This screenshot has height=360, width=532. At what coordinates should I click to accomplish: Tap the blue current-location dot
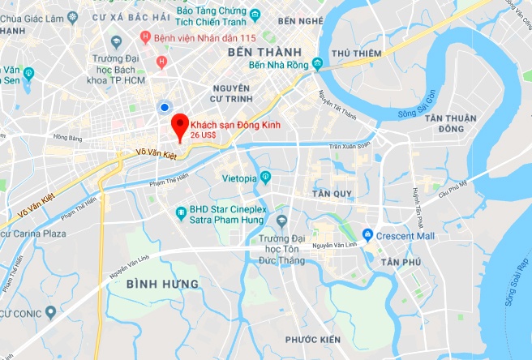click(165, 106)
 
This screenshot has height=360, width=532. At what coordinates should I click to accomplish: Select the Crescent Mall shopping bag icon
click(367, 236)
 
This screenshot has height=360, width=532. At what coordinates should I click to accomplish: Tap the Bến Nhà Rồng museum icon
click(317, 63)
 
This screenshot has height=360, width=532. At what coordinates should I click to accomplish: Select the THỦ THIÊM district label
click(352, 54)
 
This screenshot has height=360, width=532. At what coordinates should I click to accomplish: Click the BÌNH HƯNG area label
click(162, 284)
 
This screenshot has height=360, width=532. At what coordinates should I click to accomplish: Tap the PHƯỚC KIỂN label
click(312, 339)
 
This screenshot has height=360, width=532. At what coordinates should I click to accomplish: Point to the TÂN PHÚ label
click(400, 263)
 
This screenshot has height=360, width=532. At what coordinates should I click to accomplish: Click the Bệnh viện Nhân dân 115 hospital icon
click(145, 36)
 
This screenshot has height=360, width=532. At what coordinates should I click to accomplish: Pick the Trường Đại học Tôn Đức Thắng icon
click(281, 221)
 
